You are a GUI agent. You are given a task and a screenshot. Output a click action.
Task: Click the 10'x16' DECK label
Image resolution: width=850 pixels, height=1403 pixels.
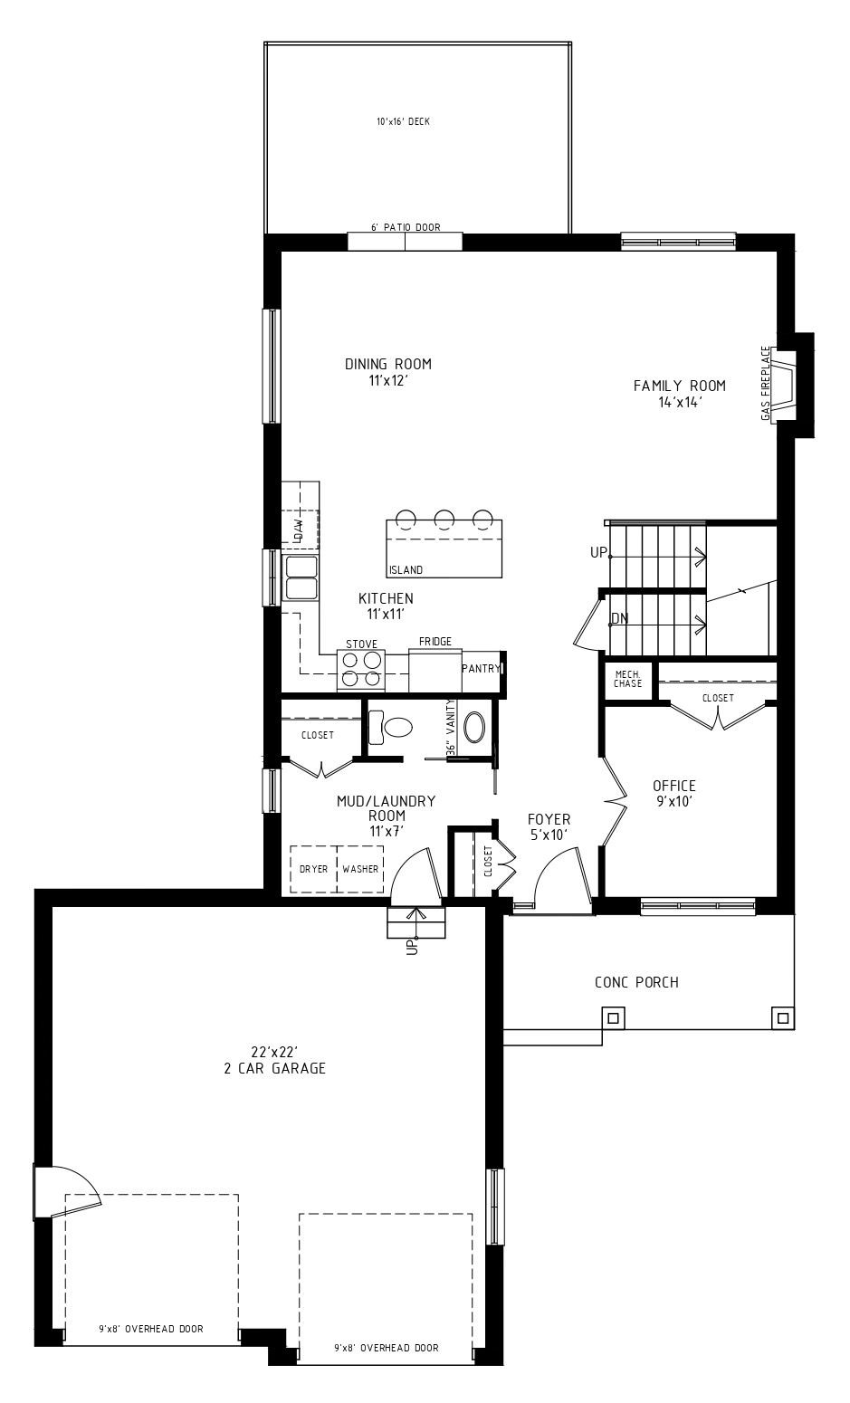(x=403, y=121)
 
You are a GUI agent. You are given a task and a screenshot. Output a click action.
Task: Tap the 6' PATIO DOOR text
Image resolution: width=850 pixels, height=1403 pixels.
(x=406, y=227)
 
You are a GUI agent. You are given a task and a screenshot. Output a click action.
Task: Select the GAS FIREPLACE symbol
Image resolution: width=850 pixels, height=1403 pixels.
(x=784, y=385)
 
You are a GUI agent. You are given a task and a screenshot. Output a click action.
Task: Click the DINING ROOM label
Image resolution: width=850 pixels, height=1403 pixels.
(x=388, y=364)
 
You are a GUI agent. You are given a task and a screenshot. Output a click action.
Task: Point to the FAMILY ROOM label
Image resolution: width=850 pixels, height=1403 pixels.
(x=680, y=386)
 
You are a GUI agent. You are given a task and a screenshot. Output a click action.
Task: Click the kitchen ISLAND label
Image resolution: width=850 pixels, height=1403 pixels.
(x=406, y=570)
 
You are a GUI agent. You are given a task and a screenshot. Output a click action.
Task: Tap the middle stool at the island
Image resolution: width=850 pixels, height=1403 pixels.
(x=444, y=518)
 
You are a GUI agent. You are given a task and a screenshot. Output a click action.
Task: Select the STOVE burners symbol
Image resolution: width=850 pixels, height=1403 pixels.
(x=361, y=669)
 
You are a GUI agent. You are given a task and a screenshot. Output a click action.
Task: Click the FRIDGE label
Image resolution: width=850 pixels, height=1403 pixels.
(x=435, y=642)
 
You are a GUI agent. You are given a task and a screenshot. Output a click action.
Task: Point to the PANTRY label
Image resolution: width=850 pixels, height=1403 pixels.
(x=481, y=668)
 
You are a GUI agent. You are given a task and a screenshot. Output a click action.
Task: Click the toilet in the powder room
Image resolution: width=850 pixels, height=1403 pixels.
(x=390, y=727)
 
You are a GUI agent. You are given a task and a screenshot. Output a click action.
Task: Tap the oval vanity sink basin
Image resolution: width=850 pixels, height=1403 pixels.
(x=474, y=727)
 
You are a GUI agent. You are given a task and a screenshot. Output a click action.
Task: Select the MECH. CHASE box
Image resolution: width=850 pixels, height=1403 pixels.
(x=627, y=680)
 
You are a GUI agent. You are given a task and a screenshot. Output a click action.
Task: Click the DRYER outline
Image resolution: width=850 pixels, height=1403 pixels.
(x=314, y=869)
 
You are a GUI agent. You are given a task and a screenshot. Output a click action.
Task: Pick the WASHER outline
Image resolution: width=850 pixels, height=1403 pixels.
(x=360, y=869)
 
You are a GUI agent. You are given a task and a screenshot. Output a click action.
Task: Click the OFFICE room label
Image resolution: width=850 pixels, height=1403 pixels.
(x=674, y=786)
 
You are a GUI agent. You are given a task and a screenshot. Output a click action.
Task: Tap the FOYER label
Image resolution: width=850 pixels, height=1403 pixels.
(x=549, y=819)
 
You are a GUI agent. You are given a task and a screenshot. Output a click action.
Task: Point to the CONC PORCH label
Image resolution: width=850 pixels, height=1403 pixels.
(x=636, y=982)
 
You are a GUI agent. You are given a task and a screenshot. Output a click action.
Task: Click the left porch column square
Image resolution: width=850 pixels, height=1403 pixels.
(x=613, y=1018)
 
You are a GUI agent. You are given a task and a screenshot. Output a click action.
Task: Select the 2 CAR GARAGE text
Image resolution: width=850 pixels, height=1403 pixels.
(x=275, y=1068)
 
